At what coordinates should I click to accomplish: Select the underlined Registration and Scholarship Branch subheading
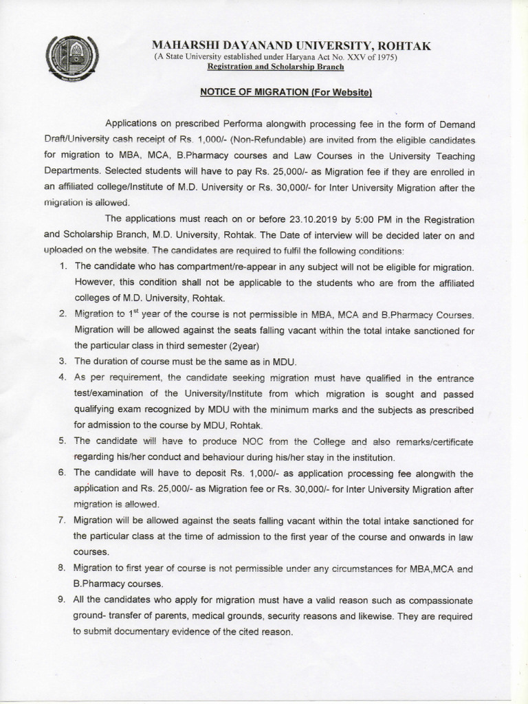coord(276,67)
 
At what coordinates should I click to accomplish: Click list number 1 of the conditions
coord(62,266)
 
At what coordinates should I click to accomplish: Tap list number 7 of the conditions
coord(62,520)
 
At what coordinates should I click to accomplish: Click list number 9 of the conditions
coord(62,599)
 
